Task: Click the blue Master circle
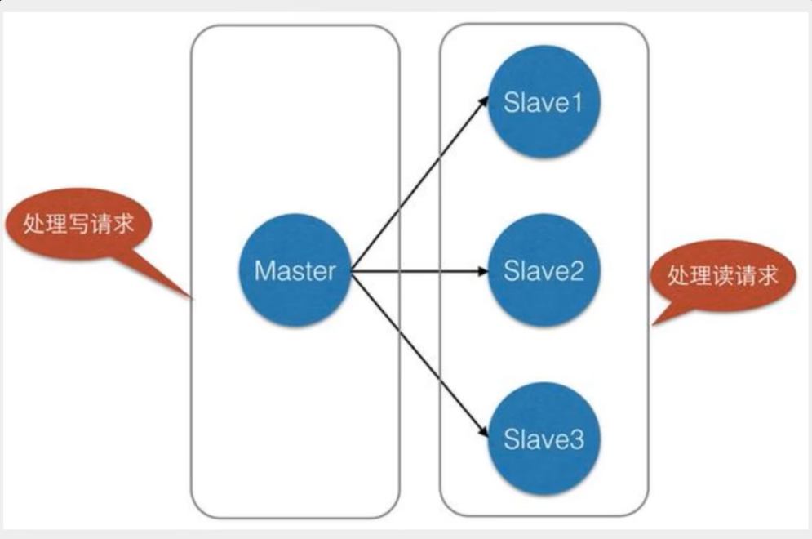(x=295, y=270)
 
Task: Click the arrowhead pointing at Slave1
(x=483, y=100)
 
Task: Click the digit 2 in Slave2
(x=576, y=271)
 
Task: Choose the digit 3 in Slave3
(x=576, y=440)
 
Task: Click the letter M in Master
(x=264, y=270)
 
